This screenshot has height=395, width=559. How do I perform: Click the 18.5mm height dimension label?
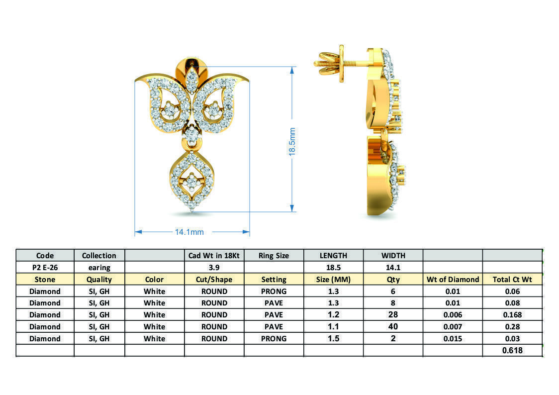[292, 142]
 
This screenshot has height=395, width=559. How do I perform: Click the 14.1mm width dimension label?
[189, 232]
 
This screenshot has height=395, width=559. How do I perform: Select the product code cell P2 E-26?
[45, 267]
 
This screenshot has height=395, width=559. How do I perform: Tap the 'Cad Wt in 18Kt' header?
[214, 255]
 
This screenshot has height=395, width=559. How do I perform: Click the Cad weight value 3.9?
[214, 267]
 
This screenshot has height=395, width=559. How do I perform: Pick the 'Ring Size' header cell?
[274, 255]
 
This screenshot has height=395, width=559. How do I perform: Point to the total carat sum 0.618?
[512, 350]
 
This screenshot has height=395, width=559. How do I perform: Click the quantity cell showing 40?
[393, 326]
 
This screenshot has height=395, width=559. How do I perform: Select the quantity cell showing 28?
[393, 314]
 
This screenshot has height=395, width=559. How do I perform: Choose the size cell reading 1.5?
[333, 338]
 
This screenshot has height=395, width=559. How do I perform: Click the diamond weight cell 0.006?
[453, 314]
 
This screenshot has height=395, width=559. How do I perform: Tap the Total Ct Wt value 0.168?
[512, 314]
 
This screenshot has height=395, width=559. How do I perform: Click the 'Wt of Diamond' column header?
[453, 279]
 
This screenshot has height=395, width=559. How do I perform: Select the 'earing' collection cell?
[99, 267]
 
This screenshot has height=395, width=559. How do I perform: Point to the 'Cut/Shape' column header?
[214, 279]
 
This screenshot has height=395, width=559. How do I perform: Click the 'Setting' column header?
[274, 279]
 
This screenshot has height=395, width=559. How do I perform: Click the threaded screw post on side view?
[328, 63]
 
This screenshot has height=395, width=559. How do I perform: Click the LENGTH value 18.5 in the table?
[333, 267]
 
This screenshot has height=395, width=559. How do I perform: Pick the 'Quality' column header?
[99, 279]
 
